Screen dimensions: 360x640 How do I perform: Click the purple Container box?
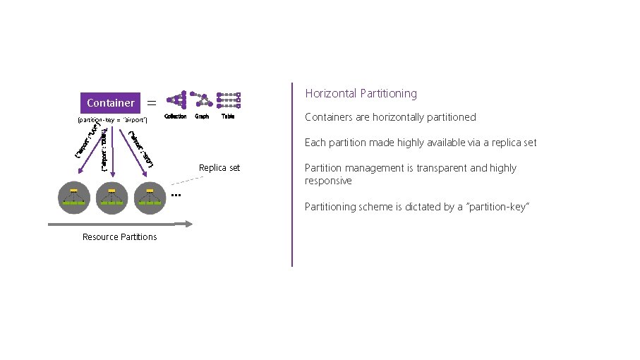click(111, 103)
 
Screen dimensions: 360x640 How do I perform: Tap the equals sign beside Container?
click(152, 103)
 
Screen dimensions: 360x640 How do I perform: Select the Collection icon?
click(176, 100)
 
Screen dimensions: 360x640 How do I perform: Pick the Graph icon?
click(202, 100)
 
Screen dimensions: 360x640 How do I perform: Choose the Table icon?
click(228, 100)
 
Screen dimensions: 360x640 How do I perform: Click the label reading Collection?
click(176, 116)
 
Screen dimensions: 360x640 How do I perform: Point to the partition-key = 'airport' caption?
click(111, 121)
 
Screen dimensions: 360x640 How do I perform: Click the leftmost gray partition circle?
click(74, 198)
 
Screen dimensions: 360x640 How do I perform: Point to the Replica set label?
click(219, 168)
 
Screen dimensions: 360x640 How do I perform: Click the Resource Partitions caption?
click(119, 236)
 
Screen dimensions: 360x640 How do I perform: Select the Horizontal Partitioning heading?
click(361, 93)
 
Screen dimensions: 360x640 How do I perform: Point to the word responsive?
click(328, 181)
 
